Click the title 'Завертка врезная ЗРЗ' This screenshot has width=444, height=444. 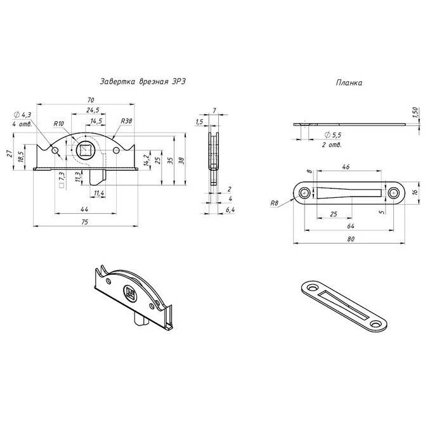143,82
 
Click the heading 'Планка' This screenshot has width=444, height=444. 349,82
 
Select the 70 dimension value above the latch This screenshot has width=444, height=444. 91,100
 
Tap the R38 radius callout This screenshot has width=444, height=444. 127,121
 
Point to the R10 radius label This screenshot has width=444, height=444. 59,124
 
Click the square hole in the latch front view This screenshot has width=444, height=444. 84,150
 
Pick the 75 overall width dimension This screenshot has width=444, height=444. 84,222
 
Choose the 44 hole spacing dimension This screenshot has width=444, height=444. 84,209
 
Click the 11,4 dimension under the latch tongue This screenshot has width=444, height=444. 99,193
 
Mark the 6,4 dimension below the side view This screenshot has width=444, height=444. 230,210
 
